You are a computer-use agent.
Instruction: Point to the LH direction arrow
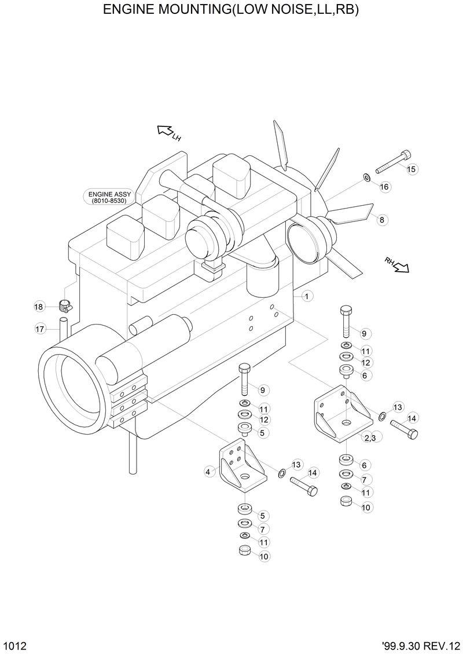166,132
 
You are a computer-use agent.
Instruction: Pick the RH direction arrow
399,265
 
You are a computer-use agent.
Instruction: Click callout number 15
411,169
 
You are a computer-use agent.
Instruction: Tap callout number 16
384,187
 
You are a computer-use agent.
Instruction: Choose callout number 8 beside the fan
381,219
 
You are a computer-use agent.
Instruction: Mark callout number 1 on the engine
306,296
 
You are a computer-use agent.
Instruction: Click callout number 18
39,307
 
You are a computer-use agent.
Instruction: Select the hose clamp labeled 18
65,305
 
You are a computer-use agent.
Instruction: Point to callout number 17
39,329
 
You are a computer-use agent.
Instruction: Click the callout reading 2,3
369,438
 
